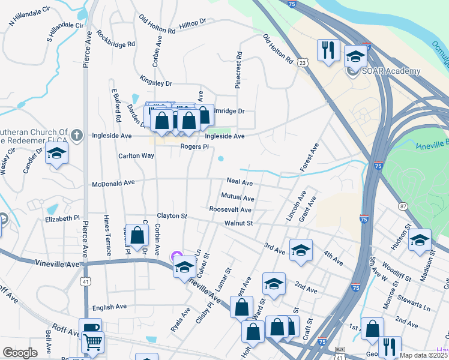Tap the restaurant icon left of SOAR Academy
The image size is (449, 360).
pyautogui.click(x=328, y=51)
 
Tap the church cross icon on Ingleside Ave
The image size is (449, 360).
pyautogui.click(x=76, y=135)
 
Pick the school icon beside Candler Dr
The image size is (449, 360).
pyautogui.click(x=56, y=154)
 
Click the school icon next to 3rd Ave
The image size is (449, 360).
pyautogui.click(x=301, y=251)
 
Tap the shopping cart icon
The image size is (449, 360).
pyautogui.click(x=92, y=343)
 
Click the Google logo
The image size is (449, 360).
pyautogui.click(x=20, y=353)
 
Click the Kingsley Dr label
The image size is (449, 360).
pyautogui.click(x=155, y=83)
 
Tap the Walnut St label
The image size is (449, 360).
pyautogui.click(x=239, y=223)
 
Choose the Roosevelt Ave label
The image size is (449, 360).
pyautogui.click(x=230, y=210)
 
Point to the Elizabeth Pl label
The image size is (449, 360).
pyautogui.click(x=61, y=219)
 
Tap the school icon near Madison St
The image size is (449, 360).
pyautogui.click(x=420, y=240)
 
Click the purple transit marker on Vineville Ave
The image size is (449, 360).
pyautogui.click(x=176, y=257)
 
